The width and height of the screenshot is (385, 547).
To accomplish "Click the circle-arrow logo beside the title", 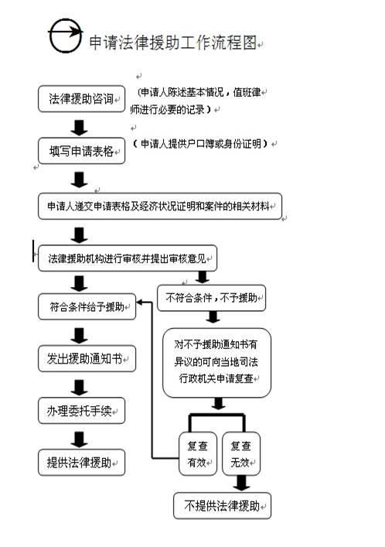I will [64, 37].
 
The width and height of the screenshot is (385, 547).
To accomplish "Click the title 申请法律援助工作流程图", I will [172, 43].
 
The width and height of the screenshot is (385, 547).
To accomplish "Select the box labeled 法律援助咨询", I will [81, 99].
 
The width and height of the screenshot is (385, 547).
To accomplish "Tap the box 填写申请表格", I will [81, 150].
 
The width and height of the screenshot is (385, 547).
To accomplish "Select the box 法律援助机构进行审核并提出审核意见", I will [127, 258].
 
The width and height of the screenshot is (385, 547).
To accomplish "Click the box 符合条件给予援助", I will [87, 306].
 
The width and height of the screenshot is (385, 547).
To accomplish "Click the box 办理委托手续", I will [81, 410].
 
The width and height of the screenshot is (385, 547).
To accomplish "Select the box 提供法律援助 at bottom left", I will [81, 462].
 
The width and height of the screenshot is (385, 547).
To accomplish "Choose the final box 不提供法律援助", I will [222, 506].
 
